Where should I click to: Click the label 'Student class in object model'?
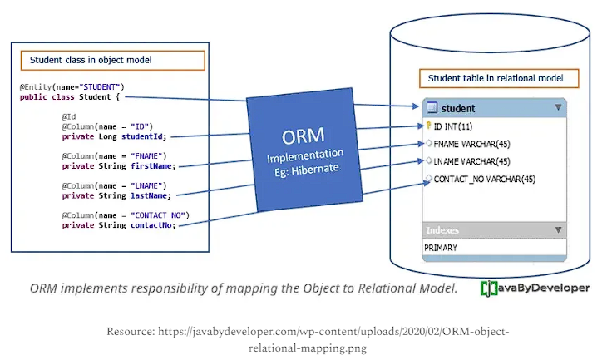point(91,61)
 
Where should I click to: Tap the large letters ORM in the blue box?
point(304,136)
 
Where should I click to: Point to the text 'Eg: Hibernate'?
point(305,170)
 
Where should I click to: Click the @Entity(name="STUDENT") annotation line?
point(72,87)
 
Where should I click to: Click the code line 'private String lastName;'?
point(116,195)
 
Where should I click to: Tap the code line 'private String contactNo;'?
point(118,225)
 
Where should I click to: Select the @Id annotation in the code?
point(69,117)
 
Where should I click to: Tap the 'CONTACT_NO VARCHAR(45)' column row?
point(484,179)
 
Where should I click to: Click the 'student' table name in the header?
point(458,108)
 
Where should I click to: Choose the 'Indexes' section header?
point(442,230)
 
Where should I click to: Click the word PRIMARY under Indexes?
point(441,248)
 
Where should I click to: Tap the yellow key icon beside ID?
point(427,126)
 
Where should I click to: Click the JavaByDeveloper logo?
point(535,288)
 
